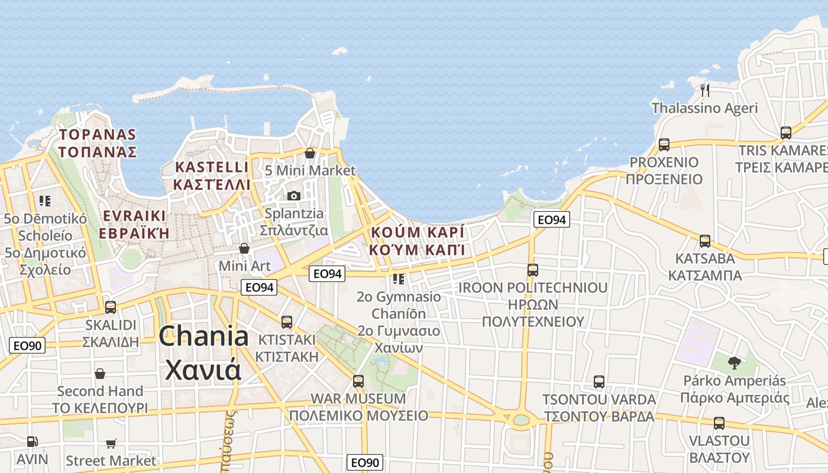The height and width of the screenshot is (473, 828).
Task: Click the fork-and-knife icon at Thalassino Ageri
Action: coord(704,90)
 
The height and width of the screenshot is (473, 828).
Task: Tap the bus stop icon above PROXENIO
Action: coord(664,145)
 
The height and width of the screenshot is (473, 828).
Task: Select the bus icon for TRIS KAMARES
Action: coord(785,133)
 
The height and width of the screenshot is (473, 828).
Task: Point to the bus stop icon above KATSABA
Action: coord(704,241)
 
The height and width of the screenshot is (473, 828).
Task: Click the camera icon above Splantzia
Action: coord(293,196)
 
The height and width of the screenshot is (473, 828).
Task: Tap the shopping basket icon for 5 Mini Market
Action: coord(309,154)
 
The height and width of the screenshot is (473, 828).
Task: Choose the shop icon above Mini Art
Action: coord(244,248)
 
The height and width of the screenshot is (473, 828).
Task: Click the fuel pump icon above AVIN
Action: coord(32,441)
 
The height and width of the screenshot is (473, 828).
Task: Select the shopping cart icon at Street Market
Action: coord(111,443)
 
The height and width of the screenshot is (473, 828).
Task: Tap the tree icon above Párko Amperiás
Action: coord(735,362)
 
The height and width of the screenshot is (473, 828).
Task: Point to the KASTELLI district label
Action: coord(212,167)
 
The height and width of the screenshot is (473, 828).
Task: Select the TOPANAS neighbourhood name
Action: coord(98,135)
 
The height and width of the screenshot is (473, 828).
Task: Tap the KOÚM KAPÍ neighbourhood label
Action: coord(417,232)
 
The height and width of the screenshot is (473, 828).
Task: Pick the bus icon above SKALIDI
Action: coord(111,307)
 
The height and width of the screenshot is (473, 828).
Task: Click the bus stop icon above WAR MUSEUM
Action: coord(358,381)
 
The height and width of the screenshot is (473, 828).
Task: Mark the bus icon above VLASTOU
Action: coord(719,423)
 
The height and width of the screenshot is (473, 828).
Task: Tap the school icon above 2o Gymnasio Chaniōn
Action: coord(399,278)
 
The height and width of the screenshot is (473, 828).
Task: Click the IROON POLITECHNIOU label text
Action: coord(533,288)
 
